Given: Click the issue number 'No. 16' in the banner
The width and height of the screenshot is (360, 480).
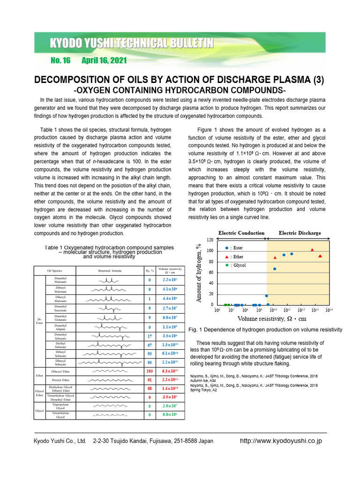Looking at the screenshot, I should coord(60,60).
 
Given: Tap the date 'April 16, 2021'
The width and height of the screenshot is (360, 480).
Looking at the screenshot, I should coord(104,60).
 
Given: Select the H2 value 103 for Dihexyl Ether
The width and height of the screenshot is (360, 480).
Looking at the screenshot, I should coord(150,371).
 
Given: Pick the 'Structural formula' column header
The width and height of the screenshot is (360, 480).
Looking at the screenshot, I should coord(110,270).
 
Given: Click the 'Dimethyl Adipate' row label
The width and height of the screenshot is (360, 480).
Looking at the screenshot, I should coord(60,327).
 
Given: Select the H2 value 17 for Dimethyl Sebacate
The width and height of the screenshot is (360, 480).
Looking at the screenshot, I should coord(150,336).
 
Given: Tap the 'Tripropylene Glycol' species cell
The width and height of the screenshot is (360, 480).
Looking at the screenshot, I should coord(60,406).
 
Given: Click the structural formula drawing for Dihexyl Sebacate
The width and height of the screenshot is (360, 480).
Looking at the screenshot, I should coord(110,362).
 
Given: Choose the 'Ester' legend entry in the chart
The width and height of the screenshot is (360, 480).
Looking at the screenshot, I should coord(234,247).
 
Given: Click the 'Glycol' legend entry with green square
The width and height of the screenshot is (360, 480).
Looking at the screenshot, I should coord(235,265).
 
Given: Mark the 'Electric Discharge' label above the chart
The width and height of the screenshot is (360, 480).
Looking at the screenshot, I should coord(300,233).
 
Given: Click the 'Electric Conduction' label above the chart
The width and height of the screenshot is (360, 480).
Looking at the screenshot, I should coord(241,233).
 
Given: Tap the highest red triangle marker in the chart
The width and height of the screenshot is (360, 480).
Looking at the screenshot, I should coord(312,250).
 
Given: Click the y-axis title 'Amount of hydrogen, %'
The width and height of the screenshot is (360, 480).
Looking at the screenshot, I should coord(199,272).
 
